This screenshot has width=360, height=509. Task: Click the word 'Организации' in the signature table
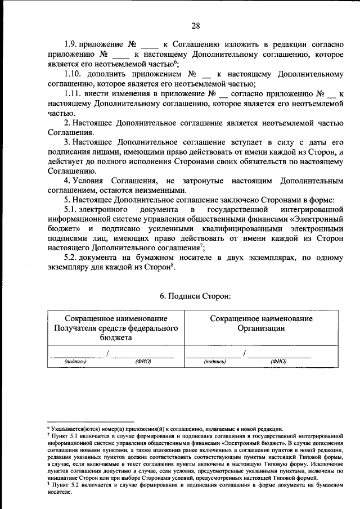point(261,328)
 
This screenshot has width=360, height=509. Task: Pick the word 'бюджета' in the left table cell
point(112,337)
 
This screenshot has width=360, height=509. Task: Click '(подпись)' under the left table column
point(75,361)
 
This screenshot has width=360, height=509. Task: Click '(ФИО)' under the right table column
point(278,361)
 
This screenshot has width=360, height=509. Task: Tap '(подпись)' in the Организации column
point(214,361)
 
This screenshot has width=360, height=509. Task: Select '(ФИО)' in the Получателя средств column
point(143,361)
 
